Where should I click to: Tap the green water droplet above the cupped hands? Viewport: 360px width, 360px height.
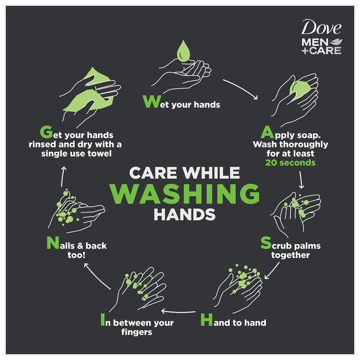[184, 50]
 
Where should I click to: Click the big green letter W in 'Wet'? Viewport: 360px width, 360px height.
[150, 102]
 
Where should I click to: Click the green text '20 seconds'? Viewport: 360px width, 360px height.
[290, 163]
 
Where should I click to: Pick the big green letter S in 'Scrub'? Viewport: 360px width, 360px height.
[266, 243]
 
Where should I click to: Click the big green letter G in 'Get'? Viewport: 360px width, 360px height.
[44, 131]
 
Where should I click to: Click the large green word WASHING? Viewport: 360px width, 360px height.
[185, 194]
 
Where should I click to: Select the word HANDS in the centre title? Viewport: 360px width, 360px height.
[185, 214]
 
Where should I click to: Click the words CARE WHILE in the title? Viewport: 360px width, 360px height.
[185, 172]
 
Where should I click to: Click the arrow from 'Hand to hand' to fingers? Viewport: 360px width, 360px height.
[182, 311]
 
